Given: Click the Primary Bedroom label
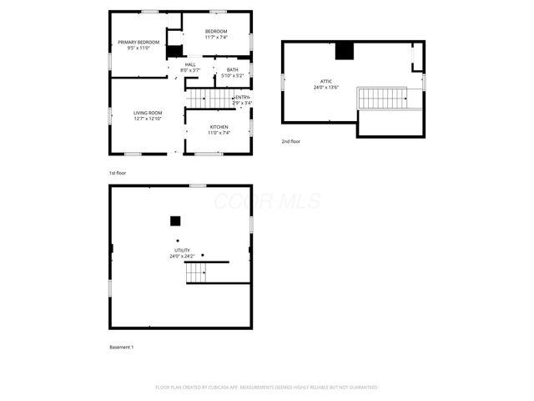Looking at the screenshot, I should [x=138, y=42].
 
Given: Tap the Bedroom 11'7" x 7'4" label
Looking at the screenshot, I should [x=216, y=32].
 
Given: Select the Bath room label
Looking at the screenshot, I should [x=232, y=69].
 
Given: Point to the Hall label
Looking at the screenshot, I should [x=190, y=64].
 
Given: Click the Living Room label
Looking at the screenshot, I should [x=148, y=113].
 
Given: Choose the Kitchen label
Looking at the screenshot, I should [x=219, y=127].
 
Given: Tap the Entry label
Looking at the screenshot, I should [x=243, y=98].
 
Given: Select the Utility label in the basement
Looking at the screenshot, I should [x=182, y=250].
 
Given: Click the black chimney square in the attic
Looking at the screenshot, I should [x=345, y=51].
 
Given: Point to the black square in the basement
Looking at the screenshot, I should [x=175, y=221].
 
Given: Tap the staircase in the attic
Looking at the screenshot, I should [x=382, y=98].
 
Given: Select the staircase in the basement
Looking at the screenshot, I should [x=196, y=272].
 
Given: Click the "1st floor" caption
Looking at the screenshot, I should [x=117, y=173].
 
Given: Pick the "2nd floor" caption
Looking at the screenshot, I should [x=291, y=141].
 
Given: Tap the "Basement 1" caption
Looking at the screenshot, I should [x=121, y=347].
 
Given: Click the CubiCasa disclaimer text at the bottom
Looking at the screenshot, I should [x=267, y=388].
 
